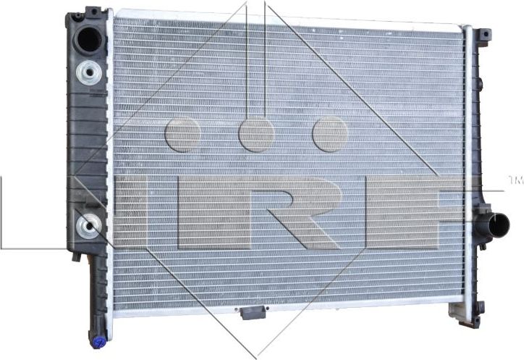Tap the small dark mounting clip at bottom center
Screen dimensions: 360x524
(x=251, y=314)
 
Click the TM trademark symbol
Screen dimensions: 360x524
(x=515, y=178)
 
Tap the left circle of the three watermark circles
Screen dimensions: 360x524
(x=182, y=134)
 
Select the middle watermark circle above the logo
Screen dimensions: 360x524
(x=255, y=134)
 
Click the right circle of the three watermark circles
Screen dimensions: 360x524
(x=330, y=134)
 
